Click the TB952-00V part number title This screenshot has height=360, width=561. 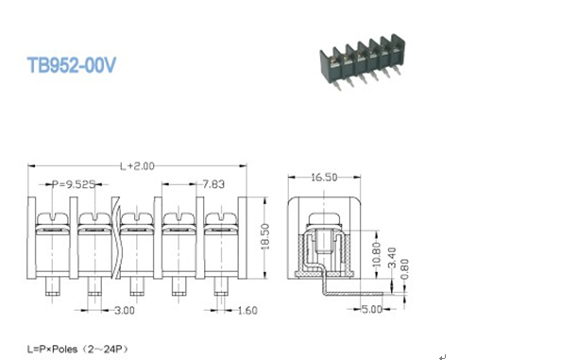click(72, 65)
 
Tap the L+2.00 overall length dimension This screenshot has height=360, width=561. click(137, 166)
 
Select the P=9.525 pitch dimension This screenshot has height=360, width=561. click(74, 184)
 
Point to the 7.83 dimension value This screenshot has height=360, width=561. click(213, 184)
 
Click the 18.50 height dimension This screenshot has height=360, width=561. click(265, 236)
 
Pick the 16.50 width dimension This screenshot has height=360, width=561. click(324, 177)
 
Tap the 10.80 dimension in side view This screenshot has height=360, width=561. click(377, 254)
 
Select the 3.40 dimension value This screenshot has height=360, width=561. click(393, 257)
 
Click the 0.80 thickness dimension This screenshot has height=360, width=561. click(404, 269)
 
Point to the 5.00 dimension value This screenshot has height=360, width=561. click(371, 309)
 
